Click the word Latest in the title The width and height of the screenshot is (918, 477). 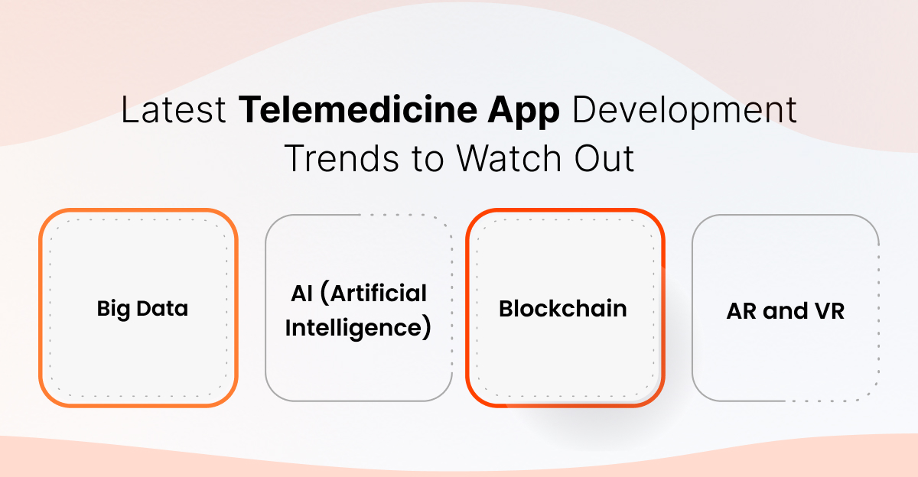point(174,112)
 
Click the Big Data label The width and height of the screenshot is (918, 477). point(142,309)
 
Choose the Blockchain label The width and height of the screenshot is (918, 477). point(563,309)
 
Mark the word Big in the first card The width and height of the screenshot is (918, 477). point(111,310)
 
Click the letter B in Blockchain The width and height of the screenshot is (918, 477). point(506,309)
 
